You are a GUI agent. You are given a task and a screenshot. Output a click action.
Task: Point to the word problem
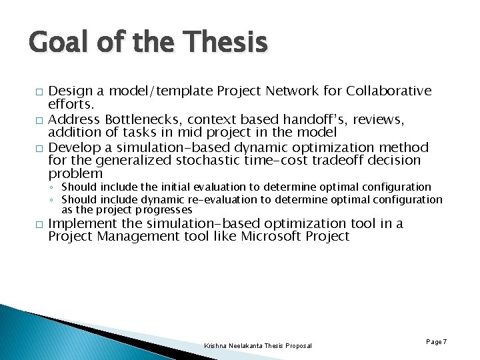[75, 174]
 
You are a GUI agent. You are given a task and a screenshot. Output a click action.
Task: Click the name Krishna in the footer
[217, 345]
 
